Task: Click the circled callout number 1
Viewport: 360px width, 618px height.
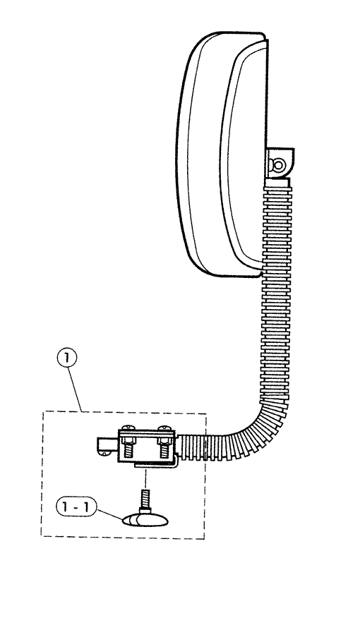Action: tap(68, 358)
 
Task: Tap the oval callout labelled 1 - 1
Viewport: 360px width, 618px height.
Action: tap(76, 507)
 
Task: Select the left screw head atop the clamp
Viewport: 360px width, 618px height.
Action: tap(128, 428)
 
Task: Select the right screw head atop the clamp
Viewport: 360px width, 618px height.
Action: tap(164, 428)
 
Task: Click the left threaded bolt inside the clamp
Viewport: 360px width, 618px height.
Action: tap(128, 447)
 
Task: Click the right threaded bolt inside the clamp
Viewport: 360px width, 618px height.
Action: tap(164, 447)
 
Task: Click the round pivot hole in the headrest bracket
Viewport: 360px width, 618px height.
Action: tap(280, 164)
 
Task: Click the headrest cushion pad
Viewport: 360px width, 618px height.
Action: tap(221, 154)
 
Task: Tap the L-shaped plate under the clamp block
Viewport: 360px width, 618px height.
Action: tap(157, 463)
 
